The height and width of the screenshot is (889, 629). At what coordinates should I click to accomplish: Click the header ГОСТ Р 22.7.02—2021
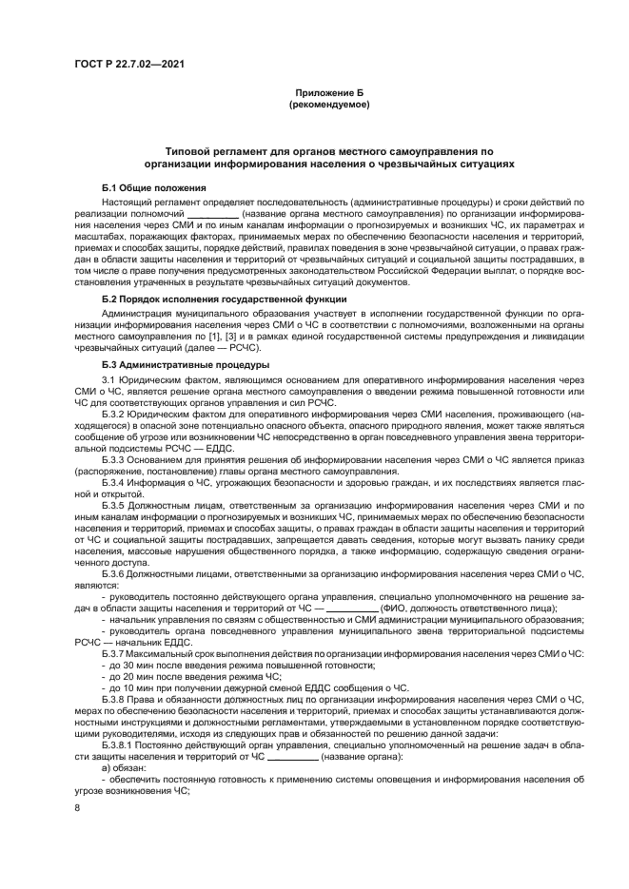[x=128, y=65]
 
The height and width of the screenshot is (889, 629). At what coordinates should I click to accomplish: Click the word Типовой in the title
[x=189, y=151]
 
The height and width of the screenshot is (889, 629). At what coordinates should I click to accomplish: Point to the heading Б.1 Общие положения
[x=142, y=188]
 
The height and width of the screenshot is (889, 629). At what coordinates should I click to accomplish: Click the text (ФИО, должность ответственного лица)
[x=468, y=609]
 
